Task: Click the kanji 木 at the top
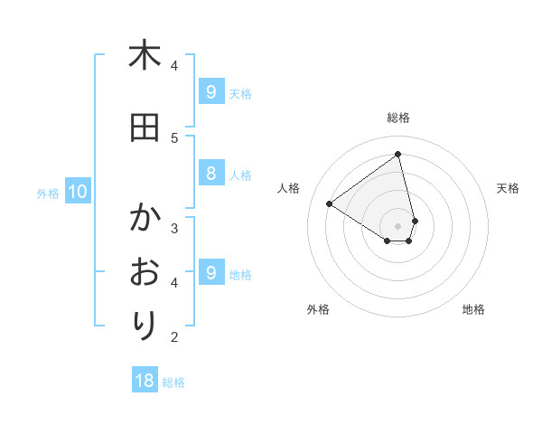point(145,55)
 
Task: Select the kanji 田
point(145,127)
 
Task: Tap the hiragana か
point(145,218)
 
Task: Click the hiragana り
point(145,325)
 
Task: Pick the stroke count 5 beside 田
point(173,137)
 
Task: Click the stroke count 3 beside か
point(173,227)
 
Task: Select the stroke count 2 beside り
point(173,337)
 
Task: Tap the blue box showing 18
point(145,381)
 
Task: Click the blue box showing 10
point(77,192)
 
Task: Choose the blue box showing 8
point(210,175)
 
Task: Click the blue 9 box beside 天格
point(210,92)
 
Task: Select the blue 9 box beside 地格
point(210,273)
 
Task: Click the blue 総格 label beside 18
point(173,382)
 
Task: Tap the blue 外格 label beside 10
point(48,193)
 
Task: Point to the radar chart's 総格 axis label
point(398,118)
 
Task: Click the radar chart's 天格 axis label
point(509,188)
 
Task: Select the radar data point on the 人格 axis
point(329,203)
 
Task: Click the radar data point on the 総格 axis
point(398,155)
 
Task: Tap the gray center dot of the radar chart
point(398,225)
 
